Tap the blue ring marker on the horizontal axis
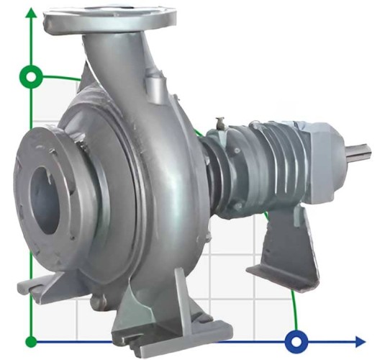[295, 341]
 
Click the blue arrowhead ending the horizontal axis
[359, 341]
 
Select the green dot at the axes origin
[31, 341]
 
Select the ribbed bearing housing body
[277, 162]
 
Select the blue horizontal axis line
[180, 341]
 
